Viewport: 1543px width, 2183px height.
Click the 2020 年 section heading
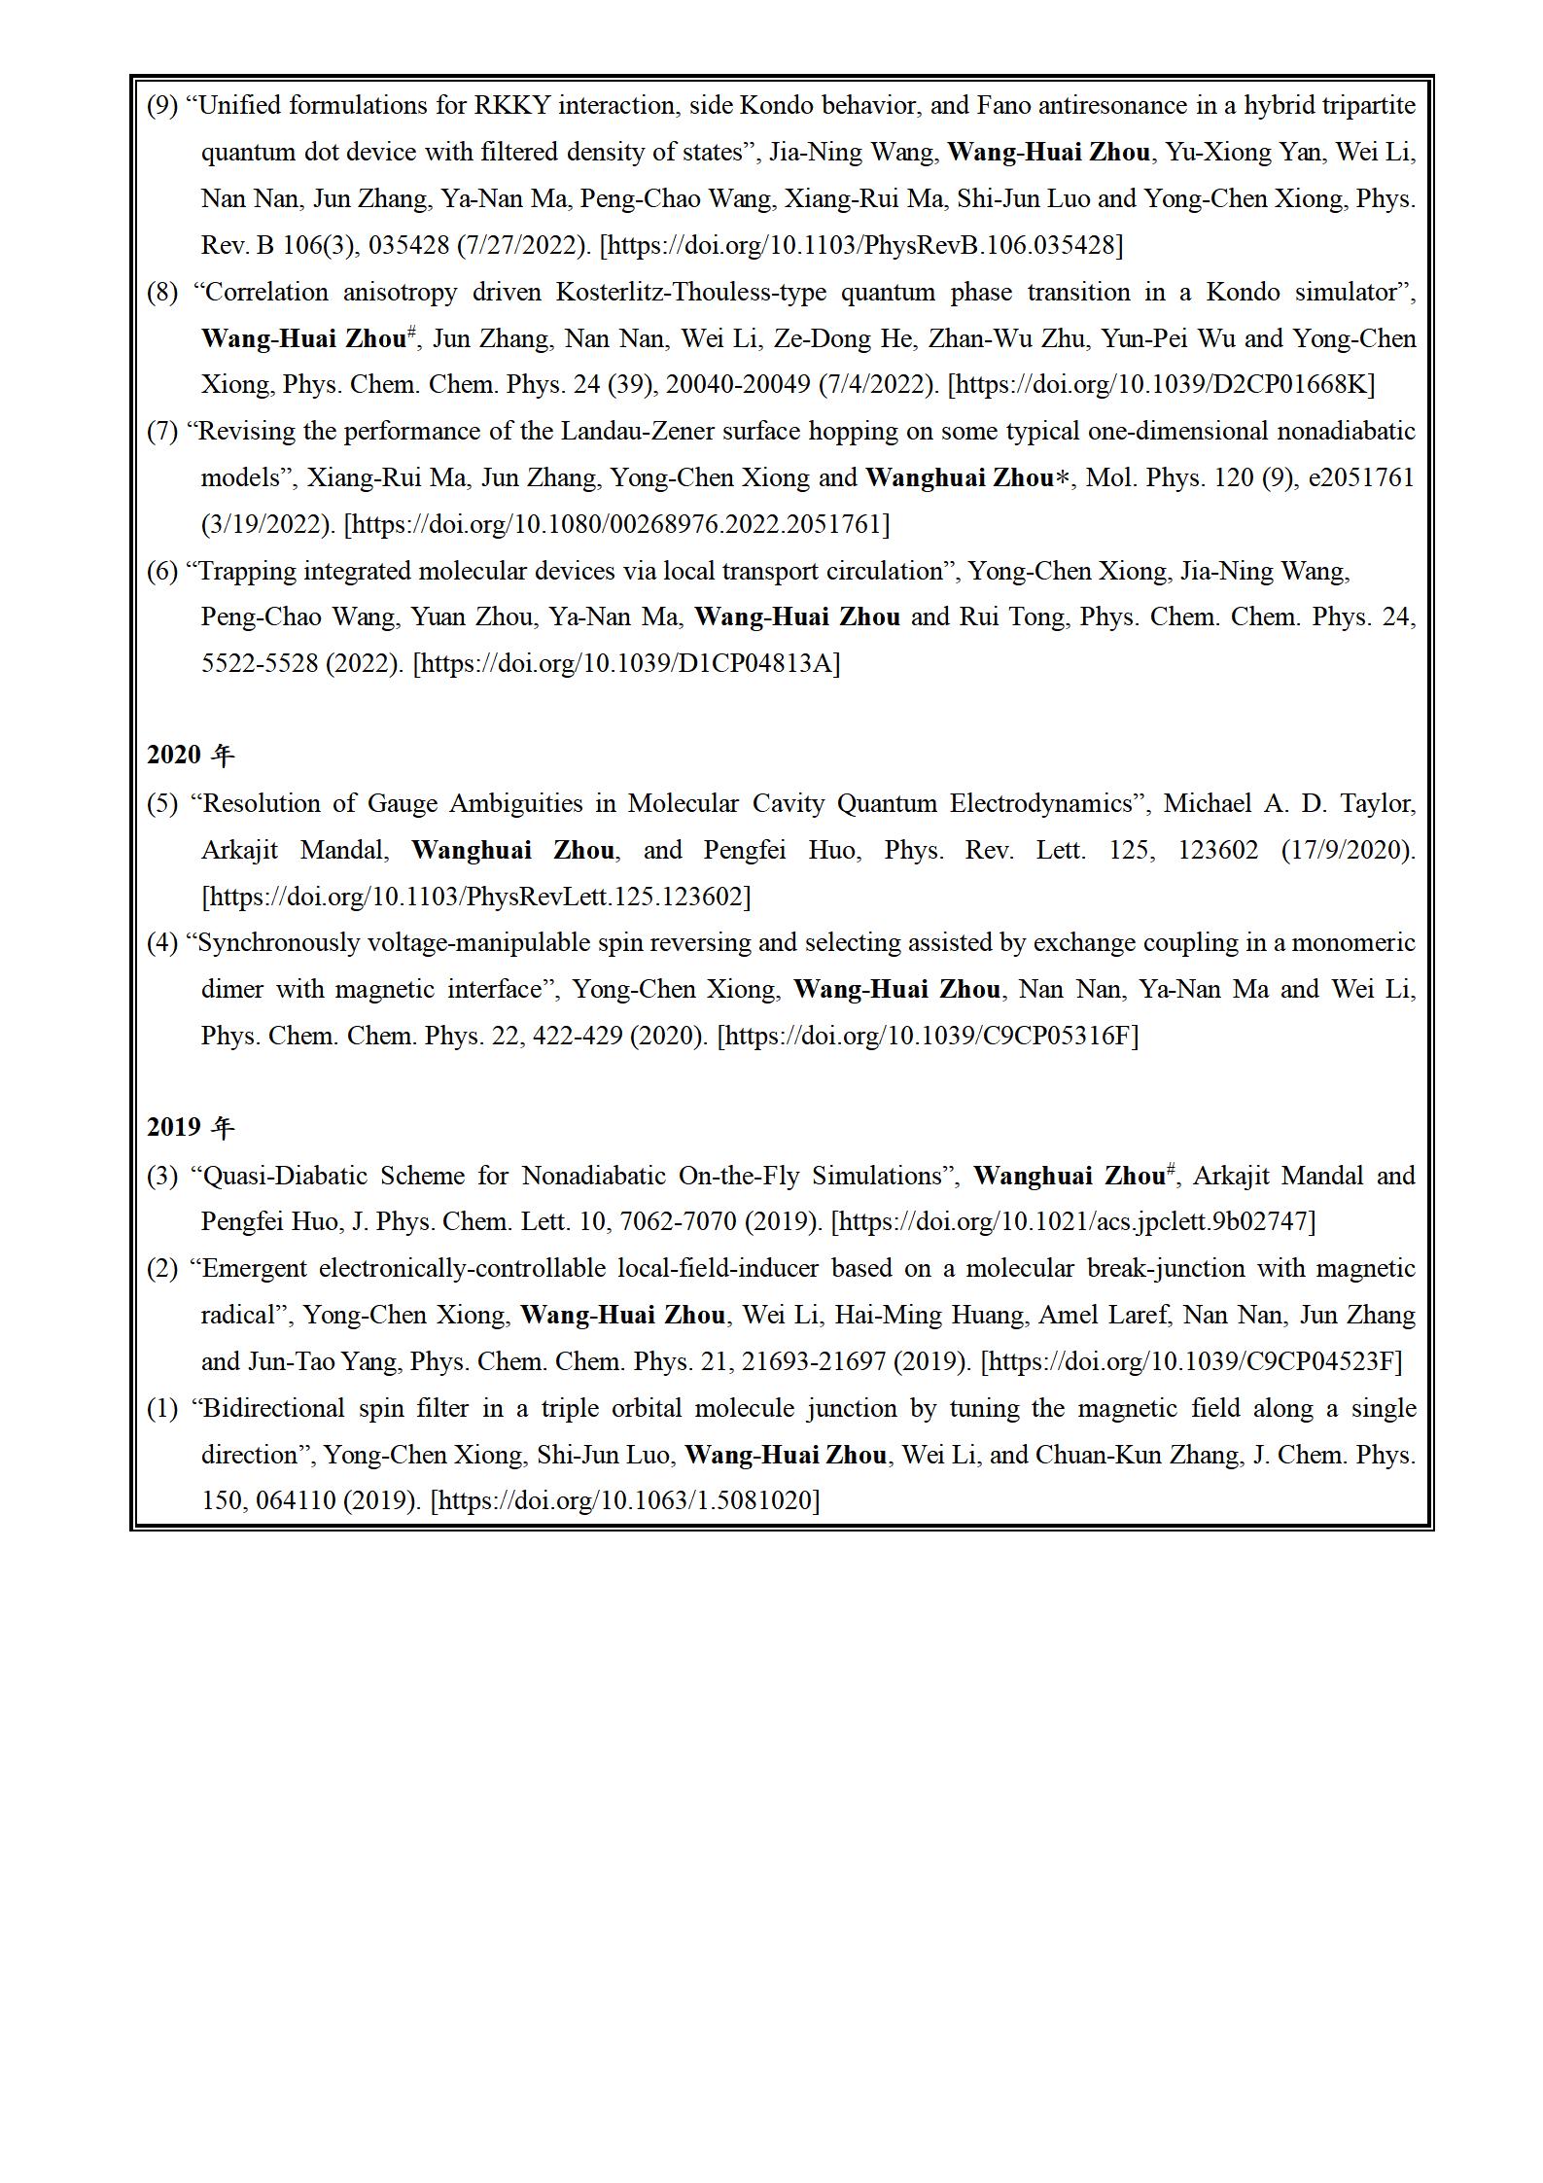click(191, 755)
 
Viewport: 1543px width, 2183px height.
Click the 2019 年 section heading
click(191, 1127)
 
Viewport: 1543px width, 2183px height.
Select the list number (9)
click(162, 106)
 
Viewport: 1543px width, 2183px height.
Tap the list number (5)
click(162, 804)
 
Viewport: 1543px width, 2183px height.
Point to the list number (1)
click(162, 1408)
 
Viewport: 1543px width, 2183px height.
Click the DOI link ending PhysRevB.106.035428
click(860, 245)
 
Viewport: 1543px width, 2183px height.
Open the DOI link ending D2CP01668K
click(1161, 384)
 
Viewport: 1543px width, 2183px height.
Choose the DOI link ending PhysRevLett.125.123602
click(476, 897)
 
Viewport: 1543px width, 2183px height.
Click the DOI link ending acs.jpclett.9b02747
click(1074, 1221)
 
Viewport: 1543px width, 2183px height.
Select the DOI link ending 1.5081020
click(624, 1500)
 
